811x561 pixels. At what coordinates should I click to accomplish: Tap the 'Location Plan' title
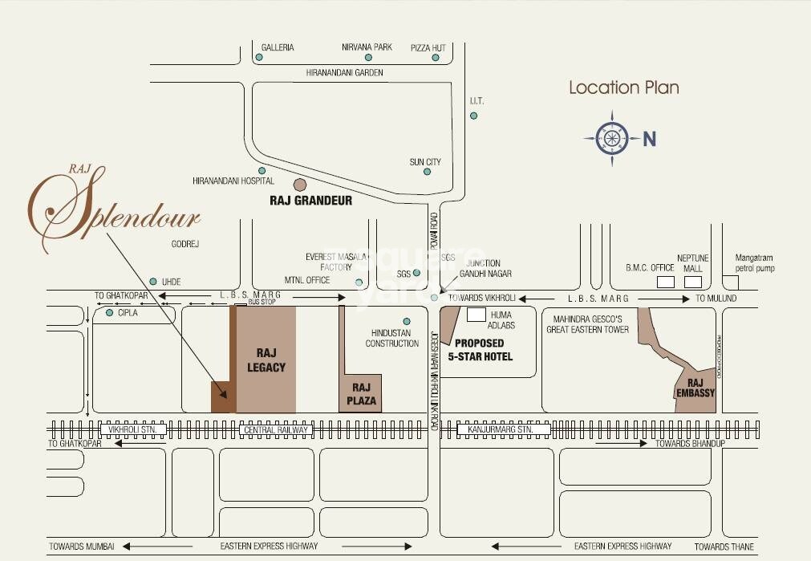pos(624,87)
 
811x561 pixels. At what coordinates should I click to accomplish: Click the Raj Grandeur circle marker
pos(300,185)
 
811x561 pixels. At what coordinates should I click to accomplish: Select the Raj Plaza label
pos(359,394)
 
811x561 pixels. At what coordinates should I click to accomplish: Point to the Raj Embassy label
pos(695,388)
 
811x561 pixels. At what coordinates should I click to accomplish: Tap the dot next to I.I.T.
pos(473,116)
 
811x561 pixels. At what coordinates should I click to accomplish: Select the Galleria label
pos(278,47)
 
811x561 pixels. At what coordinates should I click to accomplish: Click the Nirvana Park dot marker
pos(368,58)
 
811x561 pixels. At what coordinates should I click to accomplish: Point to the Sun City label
pos(425,162)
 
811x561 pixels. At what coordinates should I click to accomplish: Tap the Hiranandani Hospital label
pos(233,181)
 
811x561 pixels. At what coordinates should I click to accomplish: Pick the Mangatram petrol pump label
pos(755,263)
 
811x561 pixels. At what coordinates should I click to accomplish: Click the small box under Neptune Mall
pos(692,282)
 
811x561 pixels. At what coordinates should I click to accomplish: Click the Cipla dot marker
pos(109,312)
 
